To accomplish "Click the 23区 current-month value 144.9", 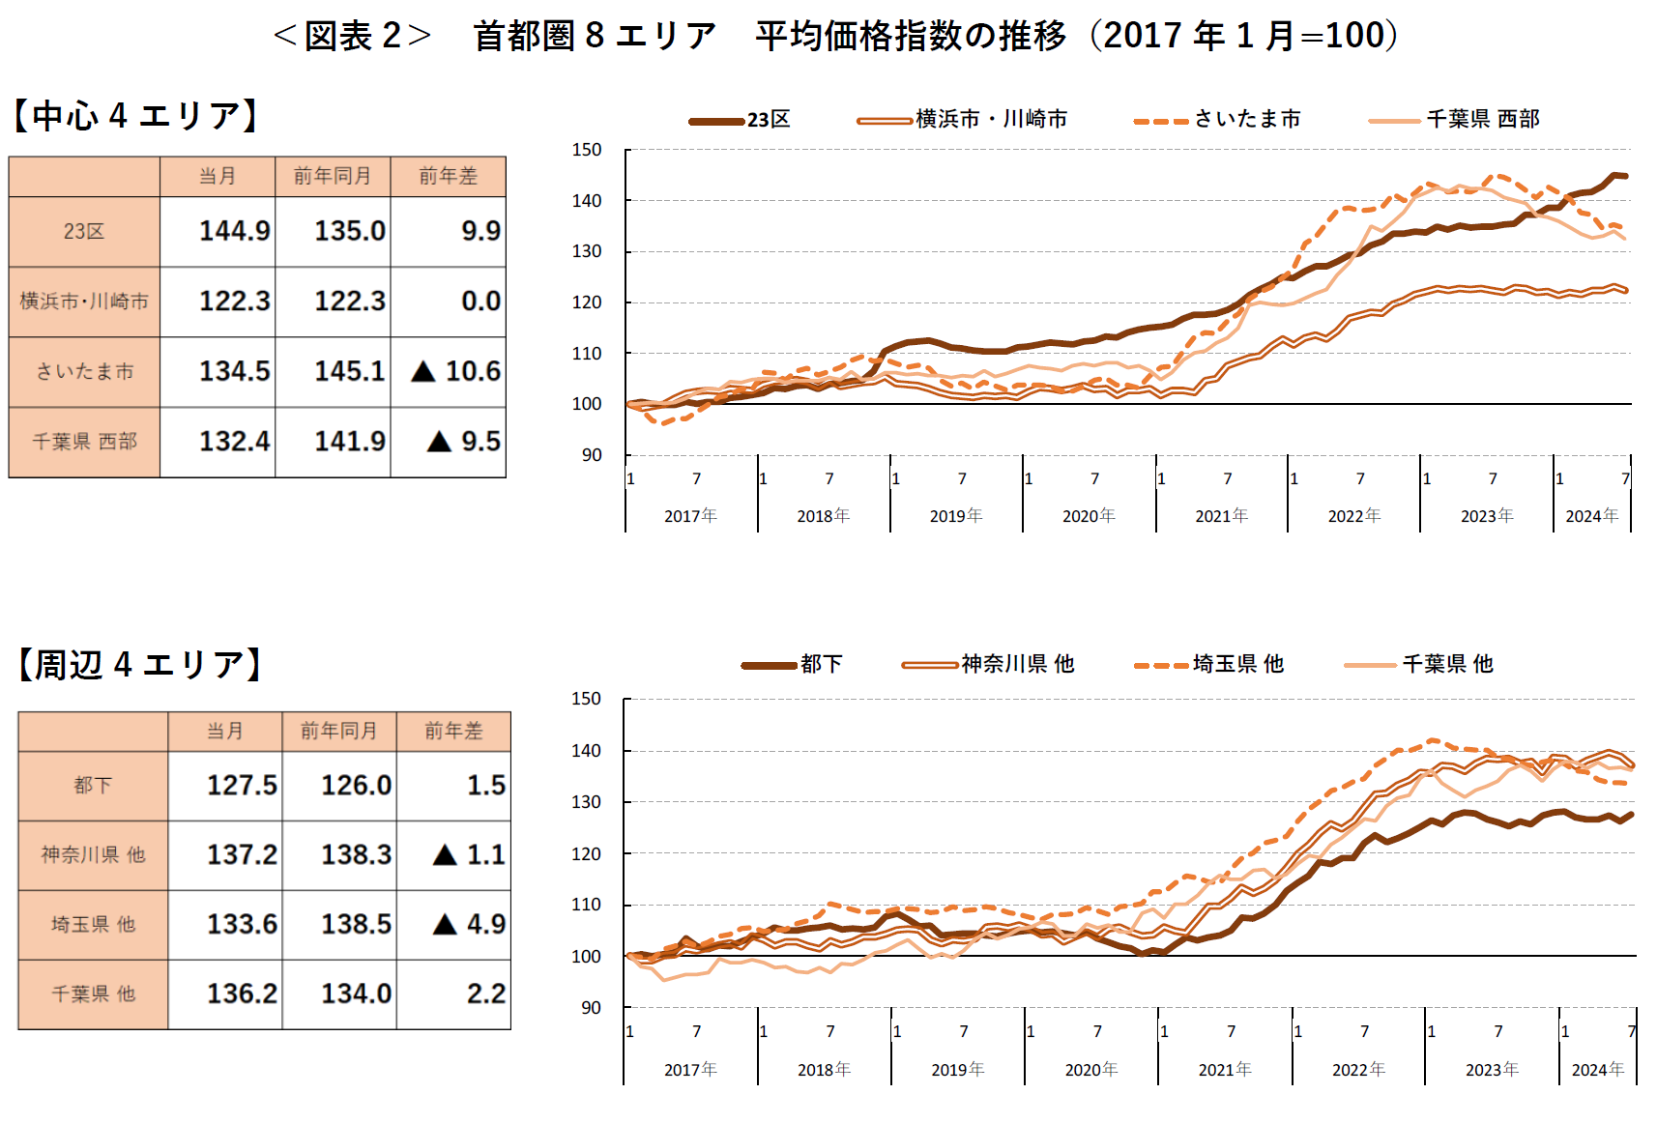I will coord(234,232).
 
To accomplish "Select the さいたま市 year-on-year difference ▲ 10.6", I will coord(456,372).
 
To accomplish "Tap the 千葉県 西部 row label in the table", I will coord(85,442).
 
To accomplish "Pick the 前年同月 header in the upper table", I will coord(333,176).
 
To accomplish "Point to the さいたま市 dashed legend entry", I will coord(1218,120).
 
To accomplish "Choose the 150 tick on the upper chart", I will coord(586,150).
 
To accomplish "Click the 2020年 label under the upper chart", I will coord(1089,516).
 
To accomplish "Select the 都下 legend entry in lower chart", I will coord(793,665).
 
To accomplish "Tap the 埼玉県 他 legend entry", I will coord(1209,665).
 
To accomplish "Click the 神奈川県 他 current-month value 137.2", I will coord(242,855).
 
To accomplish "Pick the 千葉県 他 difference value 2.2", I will coord(485,994).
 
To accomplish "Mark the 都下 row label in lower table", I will coord(93,786).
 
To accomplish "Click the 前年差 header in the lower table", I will coord(453,732).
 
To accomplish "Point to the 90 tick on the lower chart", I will coord(591,1008).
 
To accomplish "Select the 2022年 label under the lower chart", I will coord(1358,1070).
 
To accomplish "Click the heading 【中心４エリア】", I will coord(135,116).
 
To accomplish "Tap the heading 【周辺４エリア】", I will coord(140,665).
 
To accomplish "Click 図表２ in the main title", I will coord(352,36).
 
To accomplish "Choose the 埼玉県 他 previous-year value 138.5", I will coord(356,925).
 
